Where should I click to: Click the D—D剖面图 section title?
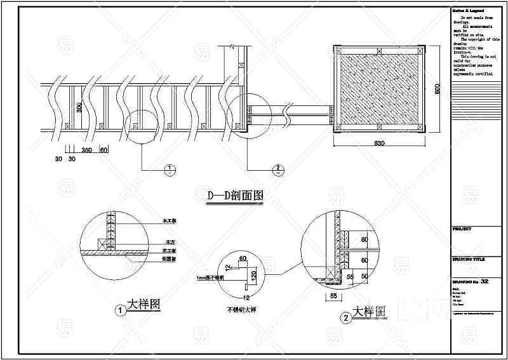[x=235, y=196]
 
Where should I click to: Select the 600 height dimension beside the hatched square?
[x=437, y=90]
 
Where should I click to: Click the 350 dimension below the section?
[x=88, y=150]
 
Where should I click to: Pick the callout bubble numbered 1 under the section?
[x=170, y=169]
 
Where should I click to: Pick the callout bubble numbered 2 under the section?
[x=277, y=169]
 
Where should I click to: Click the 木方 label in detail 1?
[x=170, y=243]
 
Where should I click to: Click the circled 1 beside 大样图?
[x=119, y=311]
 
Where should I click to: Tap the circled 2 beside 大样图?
[x=346, y=317]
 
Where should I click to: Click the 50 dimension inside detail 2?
[x=364, y=277]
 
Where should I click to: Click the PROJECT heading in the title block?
[x=462, y=227]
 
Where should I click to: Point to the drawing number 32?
[x=485, y=281]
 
